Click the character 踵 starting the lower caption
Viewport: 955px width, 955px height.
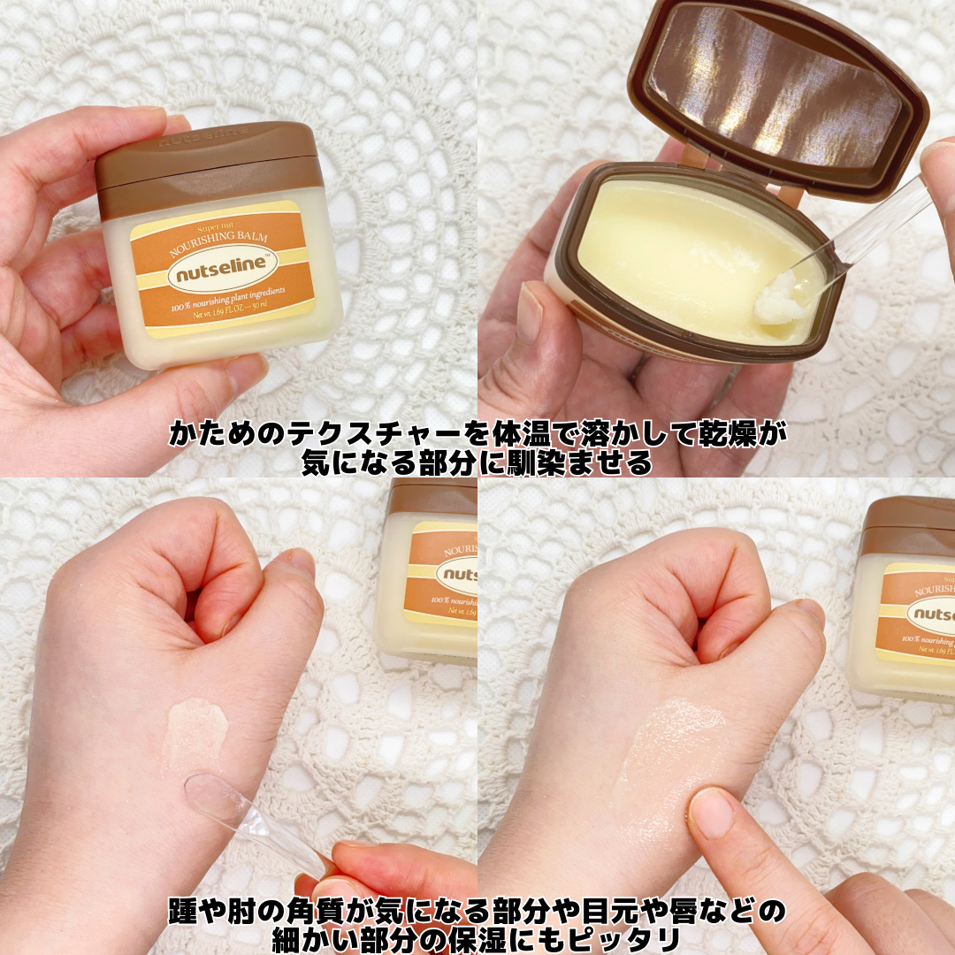[x=183, y=912]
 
